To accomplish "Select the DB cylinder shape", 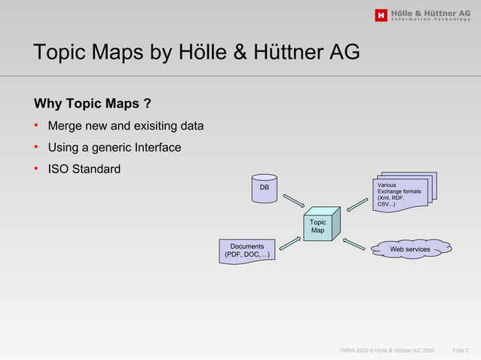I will (264, 189).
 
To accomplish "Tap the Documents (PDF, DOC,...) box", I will (247, 251).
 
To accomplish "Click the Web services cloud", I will (409, 249).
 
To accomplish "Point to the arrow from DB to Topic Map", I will (293, 203).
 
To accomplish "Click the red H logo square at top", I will (381, 14).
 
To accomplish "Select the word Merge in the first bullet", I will (66, 125).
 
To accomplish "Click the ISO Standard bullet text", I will (84, 169).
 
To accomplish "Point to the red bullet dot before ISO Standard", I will (36, 168).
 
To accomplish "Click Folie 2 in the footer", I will (461, 351).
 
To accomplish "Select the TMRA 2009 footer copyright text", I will (387, 351).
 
